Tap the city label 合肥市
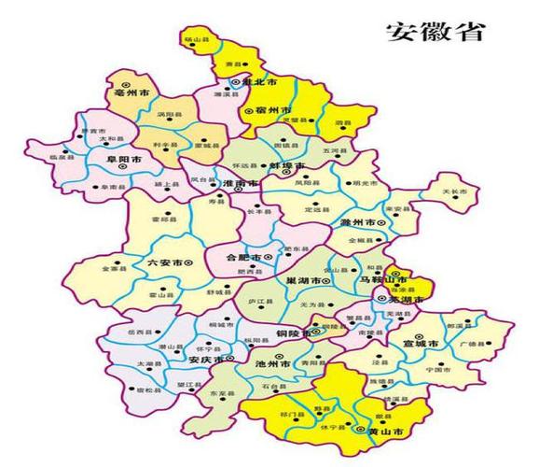[x=246, y=256]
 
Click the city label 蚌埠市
[x=286, y=165]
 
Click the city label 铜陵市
[x=294, y=334]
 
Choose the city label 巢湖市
[x=307, y=280]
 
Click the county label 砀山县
[x=197, y=40]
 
